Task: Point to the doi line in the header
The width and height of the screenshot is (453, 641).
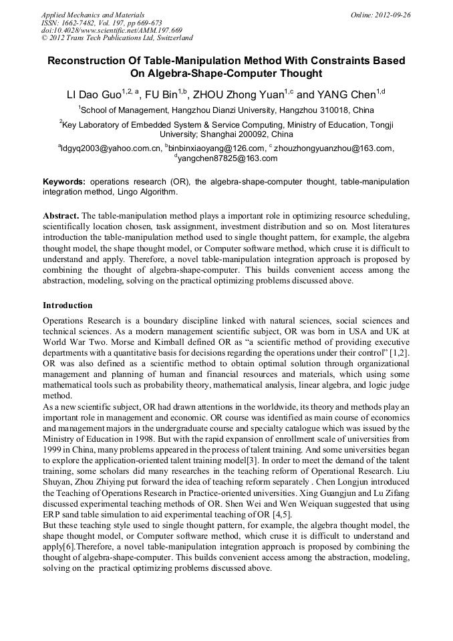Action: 112,30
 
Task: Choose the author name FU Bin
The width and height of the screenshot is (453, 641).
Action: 161,94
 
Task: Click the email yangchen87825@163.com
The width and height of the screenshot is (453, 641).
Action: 227,158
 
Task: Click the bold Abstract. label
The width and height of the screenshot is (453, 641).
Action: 61,216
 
